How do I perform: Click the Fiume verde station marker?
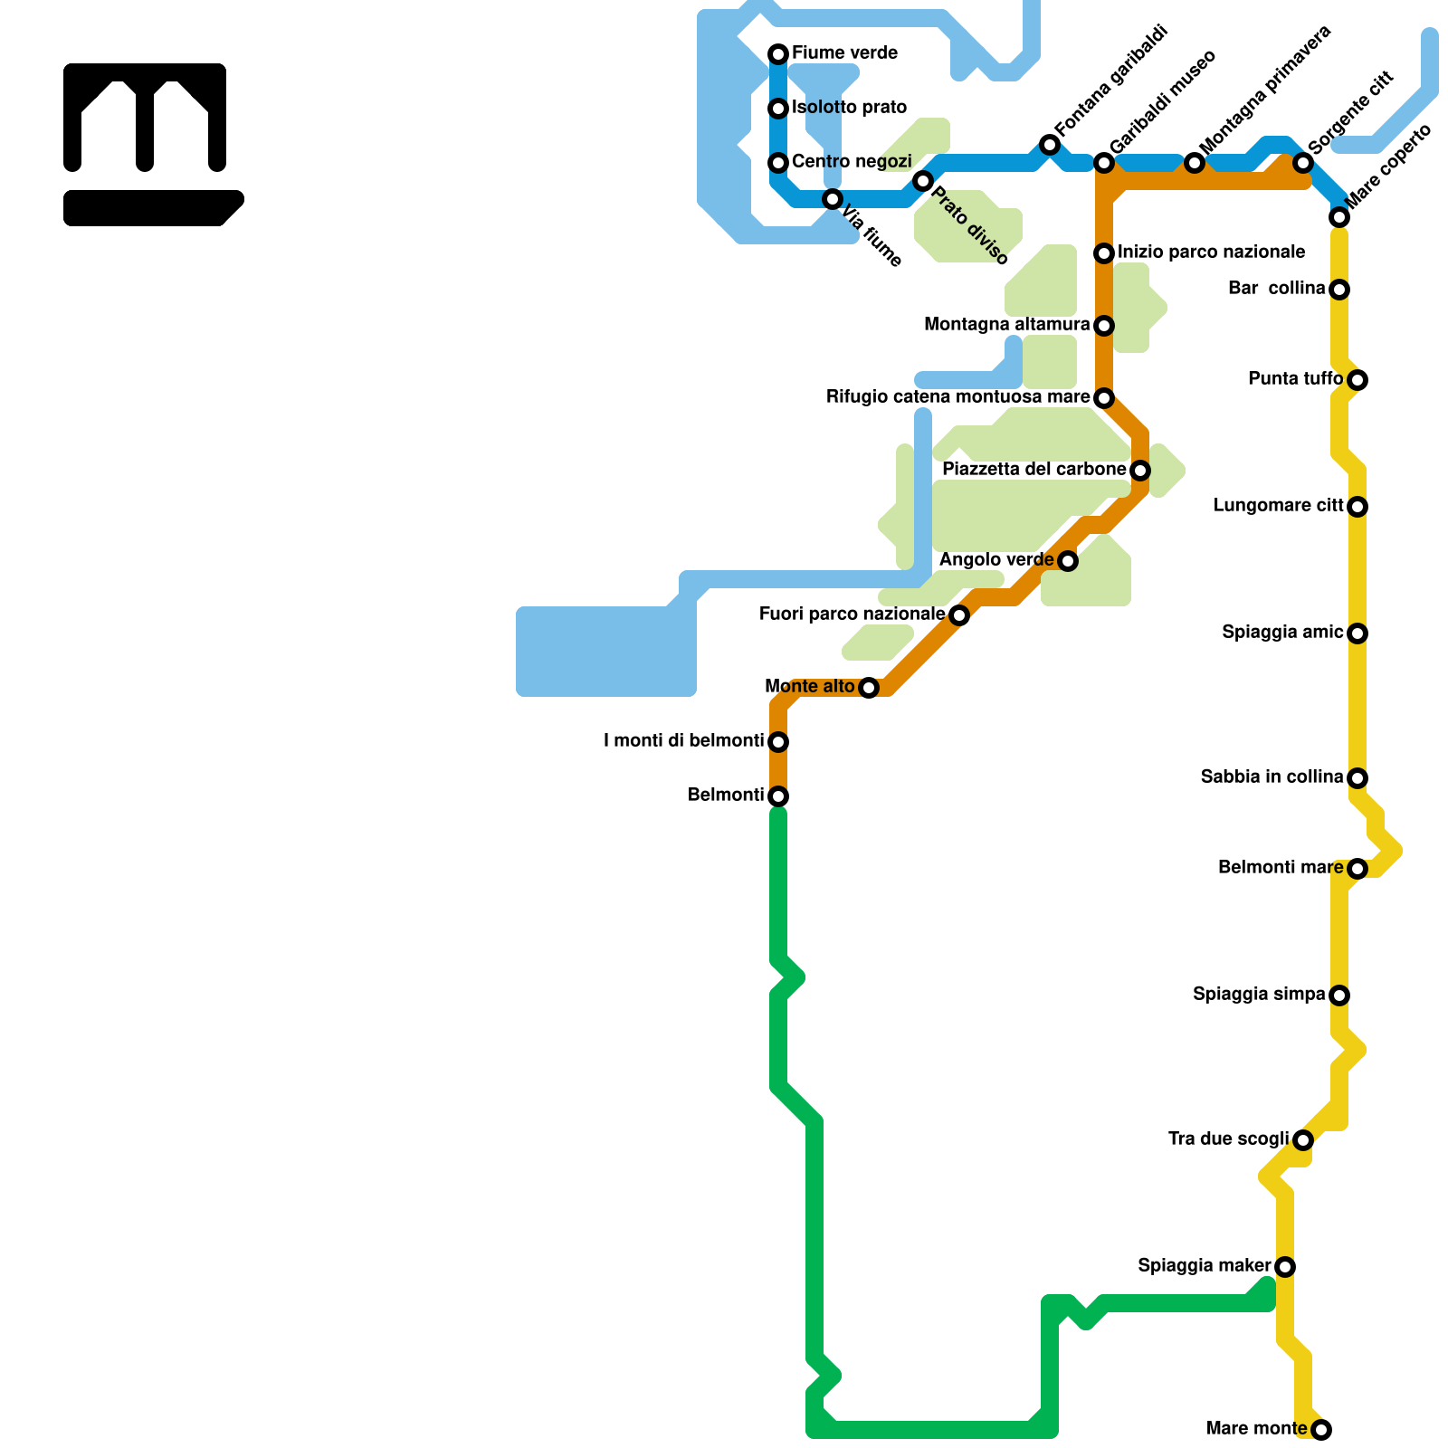[x=778, y=54]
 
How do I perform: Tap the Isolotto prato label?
[x=849, y=108]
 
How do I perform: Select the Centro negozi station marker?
[x=778, y=163]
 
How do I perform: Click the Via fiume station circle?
[x=833, y=199]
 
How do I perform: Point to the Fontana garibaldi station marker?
[x=1050, y=145]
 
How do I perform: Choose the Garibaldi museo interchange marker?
[x=1104, y=163]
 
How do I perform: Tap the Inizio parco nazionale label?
[x=1211, y=252]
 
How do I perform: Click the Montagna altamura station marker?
[x=1104, y=326]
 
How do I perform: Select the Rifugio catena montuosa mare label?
[x=957, y=397]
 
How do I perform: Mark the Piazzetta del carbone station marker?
[x=1140, y=471]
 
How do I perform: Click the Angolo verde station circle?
[x=1068, y=561]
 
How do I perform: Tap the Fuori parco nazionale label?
[x=852, y=614]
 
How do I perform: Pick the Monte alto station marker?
[x=869, y=688]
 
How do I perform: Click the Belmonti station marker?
[x=778, y=796]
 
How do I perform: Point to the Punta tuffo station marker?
[x=1357, y=380]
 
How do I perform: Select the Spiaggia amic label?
[x=1282, y=633]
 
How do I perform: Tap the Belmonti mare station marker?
[x=1357, y=869]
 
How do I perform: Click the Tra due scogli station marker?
[x=1303, y=1140]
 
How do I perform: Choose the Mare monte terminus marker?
[x=1321, y=1430]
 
